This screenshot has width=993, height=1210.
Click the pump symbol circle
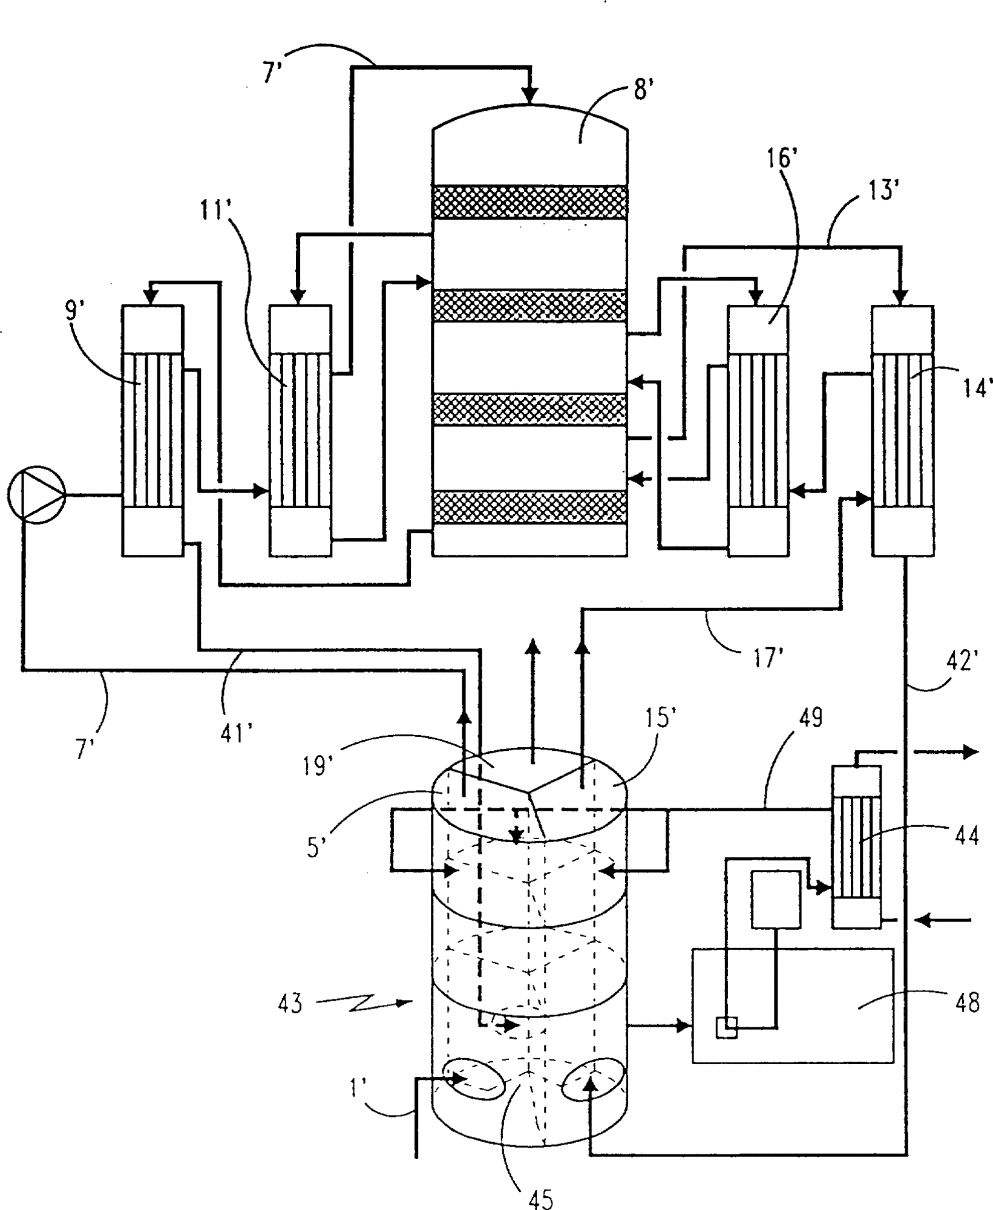point(36,495)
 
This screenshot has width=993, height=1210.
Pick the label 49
point(811,718)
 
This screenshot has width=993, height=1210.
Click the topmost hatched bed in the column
point(529,202)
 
